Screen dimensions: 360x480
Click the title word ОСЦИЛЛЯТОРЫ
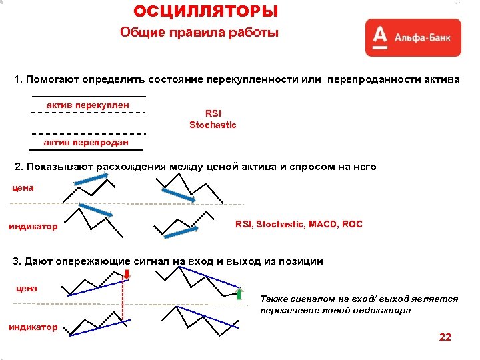[205, 11]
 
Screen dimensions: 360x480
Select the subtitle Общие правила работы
[199, 33]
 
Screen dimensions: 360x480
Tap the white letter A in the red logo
[379, 37]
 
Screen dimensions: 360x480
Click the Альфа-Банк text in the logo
[421, 37]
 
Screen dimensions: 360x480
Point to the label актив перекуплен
[87, 105]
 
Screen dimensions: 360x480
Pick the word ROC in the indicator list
[352, 224]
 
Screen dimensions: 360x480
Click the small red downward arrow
[127, 275]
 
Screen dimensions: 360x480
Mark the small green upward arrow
[240, 294]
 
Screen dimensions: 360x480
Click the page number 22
[445, 337]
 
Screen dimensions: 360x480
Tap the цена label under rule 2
[23, 188]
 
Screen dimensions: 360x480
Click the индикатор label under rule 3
[33, 327]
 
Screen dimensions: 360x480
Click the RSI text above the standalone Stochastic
[213, 113]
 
